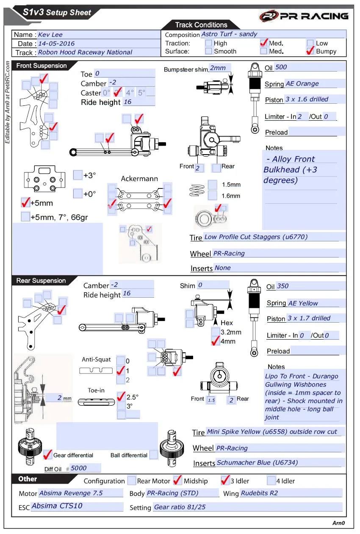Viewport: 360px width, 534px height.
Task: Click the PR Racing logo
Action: tap(304, 16)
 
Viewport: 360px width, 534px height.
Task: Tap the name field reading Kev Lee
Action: tap(50, 35)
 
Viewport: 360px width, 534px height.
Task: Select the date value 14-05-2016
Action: tap(56, 44)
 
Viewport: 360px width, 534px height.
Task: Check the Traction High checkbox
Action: tap(208, 43)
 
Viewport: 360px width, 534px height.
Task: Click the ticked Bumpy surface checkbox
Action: tap(310, 51)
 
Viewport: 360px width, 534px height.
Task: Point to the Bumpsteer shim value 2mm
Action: tap(218, 68)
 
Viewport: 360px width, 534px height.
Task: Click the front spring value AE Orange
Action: tap(302, 84)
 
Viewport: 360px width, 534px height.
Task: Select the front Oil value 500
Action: tap(281, 67)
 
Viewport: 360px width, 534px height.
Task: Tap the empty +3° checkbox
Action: tap(78, 175)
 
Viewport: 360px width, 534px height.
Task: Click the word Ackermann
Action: tap(139, 179)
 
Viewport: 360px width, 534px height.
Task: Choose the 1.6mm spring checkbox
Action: tap(213, 196)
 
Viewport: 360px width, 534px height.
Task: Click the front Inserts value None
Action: tap(223, 268)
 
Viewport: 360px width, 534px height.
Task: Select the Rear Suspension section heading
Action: tap(41, 281)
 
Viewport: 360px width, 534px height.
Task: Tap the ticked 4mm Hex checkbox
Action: tap(216, 341)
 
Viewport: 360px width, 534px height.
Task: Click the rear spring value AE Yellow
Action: tap(303, 303)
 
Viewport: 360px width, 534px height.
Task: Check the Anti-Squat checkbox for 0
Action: tap(121, 360)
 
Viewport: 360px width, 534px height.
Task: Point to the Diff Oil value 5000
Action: tap(79, 468)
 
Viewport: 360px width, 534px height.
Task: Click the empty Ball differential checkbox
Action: tap(154, 455)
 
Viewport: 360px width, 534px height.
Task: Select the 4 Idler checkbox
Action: tap(271, 481)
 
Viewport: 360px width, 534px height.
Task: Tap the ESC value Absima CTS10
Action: tap(57, 506)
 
